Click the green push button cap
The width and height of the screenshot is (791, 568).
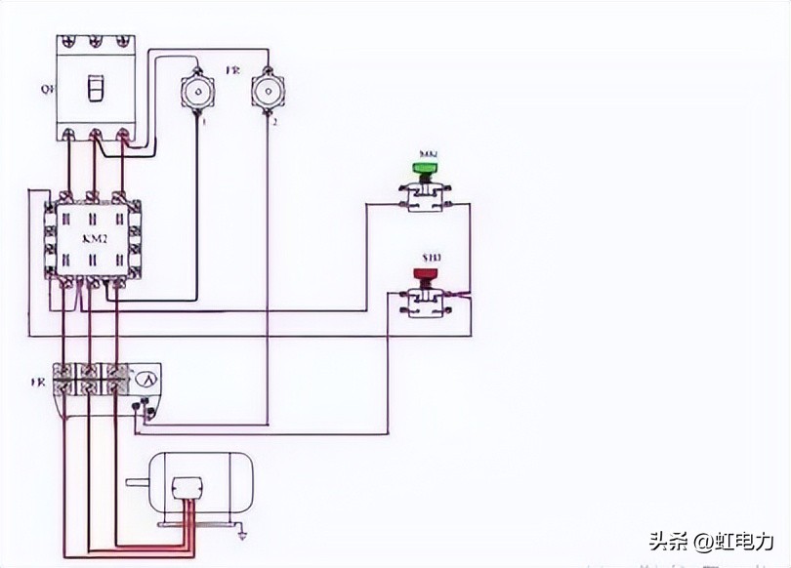click(x=425, y=168)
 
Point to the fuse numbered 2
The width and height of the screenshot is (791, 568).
click(x=267, y=92)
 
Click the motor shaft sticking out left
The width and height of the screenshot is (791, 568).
click(x=136, y=482)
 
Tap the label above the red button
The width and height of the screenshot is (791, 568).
click(x=430, y=258)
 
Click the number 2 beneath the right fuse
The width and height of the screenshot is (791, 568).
click(x=274, y=123)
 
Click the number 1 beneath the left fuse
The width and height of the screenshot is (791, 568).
click(x=203, y=123)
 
